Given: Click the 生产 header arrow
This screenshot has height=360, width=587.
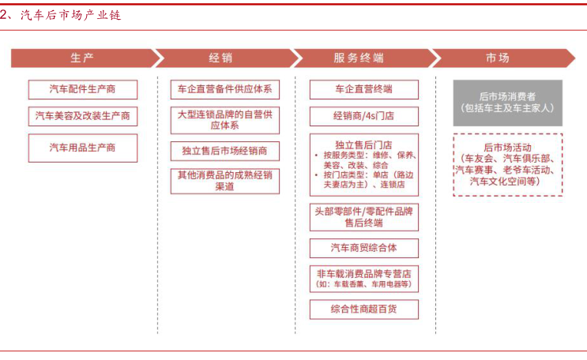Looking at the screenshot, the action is [x=82, y=58].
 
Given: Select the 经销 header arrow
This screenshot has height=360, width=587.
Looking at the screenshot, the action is [x=224, y=58].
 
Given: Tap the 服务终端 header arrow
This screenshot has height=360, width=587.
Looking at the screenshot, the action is [x=363, y=58].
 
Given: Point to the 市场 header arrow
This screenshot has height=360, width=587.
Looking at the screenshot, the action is [x=502, y=58].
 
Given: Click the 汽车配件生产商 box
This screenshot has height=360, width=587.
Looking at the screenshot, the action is [x=83, y=89].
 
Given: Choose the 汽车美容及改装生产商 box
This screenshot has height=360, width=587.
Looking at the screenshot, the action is [x=83, y=116].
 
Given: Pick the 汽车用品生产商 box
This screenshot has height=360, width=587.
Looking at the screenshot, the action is [x=83, y=148].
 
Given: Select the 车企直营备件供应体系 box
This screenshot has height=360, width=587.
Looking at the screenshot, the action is [x=225, y=89].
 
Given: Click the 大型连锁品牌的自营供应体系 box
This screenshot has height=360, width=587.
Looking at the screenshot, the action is [x=225, y=120].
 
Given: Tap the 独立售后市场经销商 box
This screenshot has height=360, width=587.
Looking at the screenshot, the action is [x=225, y=151].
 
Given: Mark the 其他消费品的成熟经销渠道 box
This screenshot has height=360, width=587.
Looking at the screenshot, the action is [x=225, y=181].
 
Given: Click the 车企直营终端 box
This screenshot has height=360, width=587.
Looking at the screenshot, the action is [x=364, y=89].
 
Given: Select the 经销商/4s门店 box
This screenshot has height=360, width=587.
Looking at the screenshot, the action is [x=364, y=116].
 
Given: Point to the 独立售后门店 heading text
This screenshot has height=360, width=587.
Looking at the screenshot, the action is [x=363, y=144].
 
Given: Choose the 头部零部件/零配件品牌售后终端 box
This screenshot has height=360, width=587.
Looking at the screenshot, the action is [x=364, y=217].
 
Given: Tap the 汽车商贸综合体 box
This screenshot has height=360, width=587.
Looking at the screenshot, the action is [x=364, y=248].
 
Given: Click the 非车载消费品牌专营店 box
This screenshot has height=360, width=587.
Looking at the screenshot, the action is [x=364, y=279].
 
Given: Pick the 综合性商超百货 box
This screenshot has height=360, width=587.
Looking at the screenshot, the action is [x=364, y=309].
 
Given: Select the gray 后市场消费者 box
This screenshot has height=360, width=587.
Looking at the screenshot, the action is [x=508, y=103].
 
